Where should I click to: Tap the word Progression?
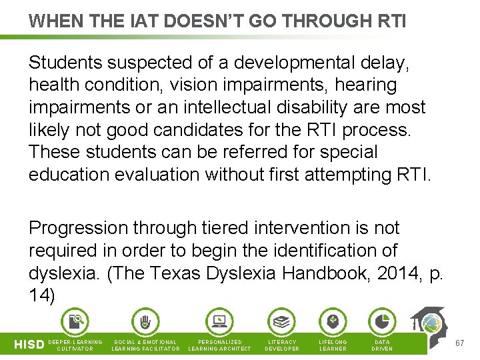coord(79,228)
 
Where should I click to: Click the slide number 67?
coord(459,343)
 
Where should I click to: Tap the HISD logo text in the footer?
coord(29,345)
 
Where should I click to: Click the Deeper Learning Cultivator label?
coord(75,345)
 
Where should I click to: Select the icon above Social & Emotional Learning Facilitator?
coord(145,322)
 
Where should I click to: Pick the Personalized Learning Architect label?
coord(220,345)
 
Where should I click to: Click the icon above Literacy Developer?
coord(282,322)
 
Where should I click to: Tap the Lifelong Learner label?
coord(333,345)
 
